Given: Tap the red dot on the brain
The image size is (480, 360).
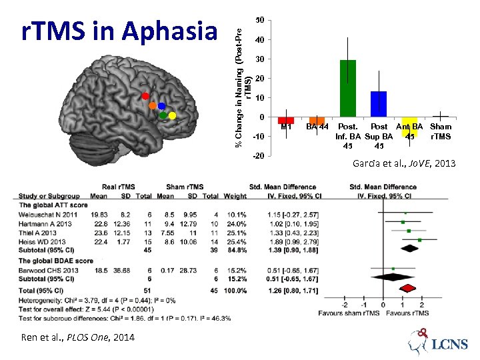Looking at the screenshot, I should pos(145,97).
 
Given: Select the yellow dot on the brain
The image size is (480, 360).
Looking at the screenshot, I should pos(172,116).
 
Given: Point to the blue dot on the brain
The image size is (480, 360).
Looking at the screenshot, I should pos(161,107).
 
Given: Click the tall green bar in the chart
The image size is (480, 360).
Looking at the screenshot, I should pos(348,88).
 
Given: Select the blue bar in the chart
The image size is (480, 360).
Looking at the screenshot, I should pos(379,104).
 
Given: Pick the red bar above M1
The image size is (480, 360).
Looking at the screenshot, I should pos(286,121).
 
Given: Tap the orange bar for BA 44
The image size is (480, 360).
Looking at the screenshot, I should pos(317,121).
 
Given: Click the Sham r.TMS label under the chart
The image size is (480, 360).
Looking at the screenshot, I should pos(441,131).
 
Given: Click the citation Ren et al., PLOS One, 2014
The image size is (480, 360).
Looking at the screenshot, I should pos(73,337).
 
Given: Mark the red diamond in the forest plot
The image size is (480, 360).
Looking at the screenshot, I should pos(406,289).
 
